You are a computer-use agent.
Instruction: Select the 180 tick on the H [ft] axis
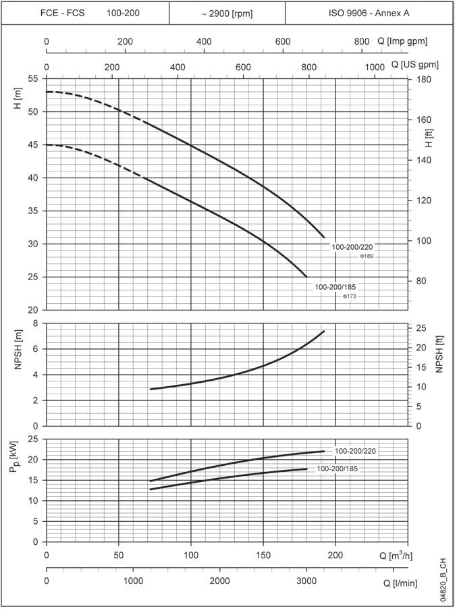click(x=424, y=79)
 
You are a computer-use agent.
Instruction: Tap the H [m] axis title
click(x=18, y=101)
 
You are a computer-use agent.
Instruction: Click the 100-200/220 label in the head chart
click(x=352, y=247)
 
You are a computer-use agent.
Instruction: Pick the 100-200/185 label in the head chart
click(x=335, y=287)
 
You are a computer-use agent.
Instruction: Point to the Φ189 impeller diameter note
click(x=367, y=257)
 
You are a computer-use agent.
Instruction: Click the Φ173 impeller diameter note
click(x=350, y=297)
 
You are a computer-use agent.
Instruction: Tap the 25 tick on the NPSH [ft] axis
click(x=419, y=328)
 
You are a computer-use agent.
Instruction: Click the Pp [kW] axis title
click(x=16, y=457)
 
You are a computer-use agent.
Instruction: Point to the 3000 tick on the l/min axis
click(x=306, y=581)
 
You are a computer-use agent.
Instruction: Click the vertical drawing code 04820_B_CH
click(x=443, y=581)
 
